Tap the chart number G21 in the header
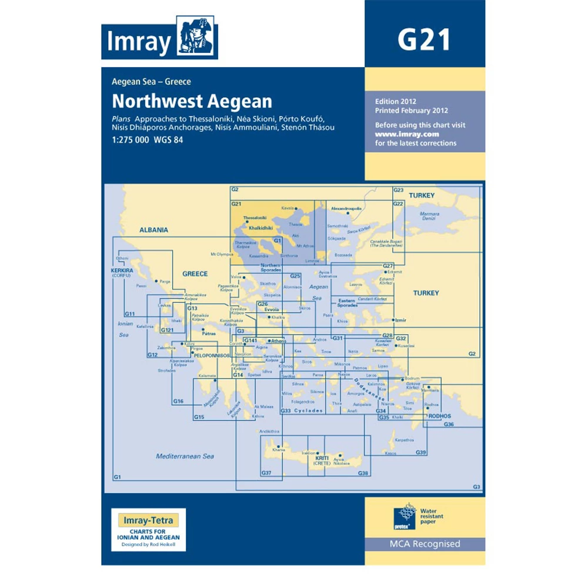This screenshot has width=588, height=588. click(x=424, y=41)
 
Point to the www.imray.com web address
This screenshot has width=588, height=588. click(x=399, y=134)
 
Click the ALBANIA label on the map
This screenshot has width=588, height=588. click(x=154, y=230)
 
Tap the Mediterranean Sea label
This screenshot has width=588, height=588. click(x=185, y=456)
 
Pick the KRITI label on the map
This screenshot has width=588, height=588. click(x=321, y=457)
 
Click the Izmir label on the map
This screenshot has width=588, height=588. click(x=401, y=320)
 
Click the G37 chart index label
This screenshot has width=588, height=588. click(x=266, y=473)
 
